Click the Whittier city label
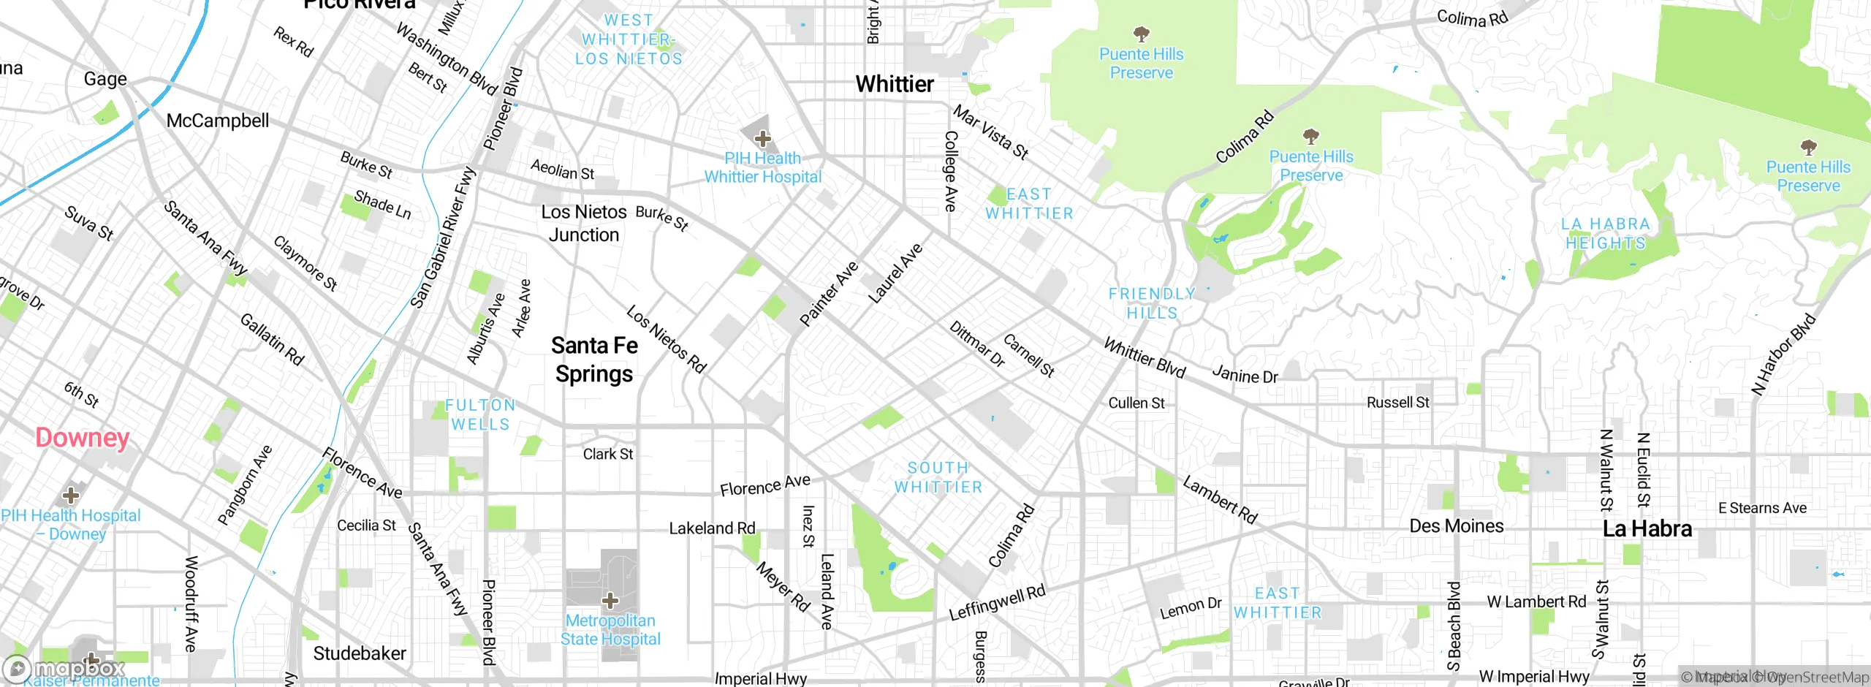coord(894,84)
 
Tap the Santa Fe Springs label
coord(594,360)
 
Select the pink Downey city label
coord(82,438)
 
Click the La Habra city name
coord(1647,528)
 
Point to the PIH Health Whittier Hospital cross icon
coord(762,138)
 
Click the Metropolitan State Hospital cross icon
coord(610,601)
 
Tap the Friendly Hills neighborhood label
coord(1152,303)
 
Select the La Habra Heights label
coord(1606,234)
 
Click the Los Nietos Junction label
coord(583,223)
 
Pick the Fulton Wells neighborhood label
coord(480,414)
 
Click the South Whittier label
coord(938,477)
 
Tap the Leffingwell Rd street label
coord(997,602)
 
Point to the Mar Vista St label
coord(991,132)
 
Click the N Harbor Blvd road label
coord(1783,354)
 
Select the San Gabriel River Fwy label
coord(443,238)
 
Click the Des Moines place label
coord(1456,526)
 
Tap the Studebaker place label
coord(360,653)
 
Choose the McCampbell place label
coord(218,121)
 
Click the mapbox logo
coord(64,668)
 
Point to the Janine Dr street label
coord(1245,375)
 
